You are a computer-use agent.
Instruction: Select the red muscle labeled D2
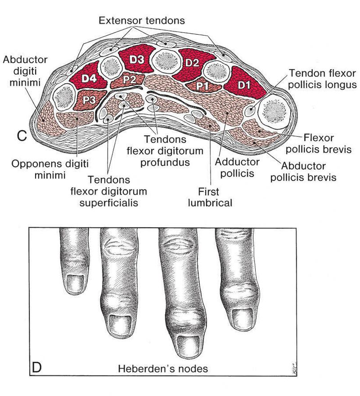pyautogui.click(x=192, y=63)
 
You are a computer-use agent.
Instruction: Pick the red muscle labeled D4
pyautogui.click(x=90, y=79)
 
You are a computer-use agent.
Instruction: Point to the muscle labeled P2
pyautogui.click(x=129, y=80)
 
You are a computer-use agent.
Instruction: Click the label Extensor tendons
pyautogui.click(x=142, y=21)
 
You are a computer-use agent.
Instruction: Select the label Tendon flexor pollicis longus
pyautogui.click(x=322, y=78)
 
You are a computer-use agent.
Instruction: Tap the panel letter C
pyautogui.click(x=20, y=135)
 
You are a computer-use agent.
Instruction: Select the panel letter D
pyautogui.click(x=37, y=367)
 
